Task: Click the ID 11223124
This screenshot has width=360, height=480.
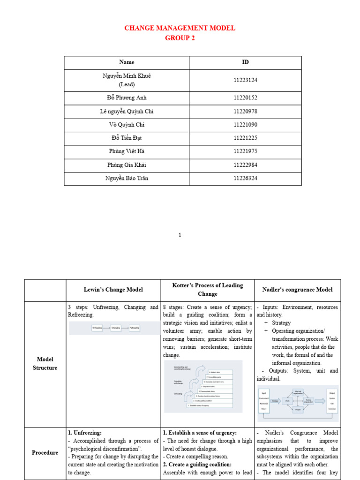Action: point(245,80)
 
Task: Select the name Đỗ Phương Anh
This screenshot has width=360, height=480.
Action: point(127,98)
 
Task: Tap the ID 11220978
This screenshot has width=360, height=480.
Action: point(245,112)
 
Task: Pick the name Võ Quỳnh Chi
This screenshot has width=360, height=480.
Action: point(127,125)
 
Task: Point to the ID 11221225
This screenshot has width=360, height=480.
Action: point(245,138)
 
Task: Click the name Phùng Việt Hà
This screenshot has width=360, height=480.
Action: point(127,151)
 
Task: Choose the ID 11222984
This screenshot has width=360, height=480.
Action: point(245,165)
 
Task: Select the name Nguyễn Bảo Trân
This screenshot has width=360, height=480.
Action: point(127,178)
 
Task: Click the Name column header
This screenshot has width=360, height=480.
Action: point(127,62)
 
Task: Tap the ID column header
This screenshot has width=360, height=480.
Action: point(245,62)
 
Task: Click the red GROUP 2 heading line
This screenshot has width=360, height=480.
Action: point(180,38)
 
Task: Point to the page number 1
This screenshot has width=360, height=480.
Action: point(180,235)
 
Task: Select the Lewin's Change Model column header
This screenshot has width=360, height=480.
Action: point(113,290)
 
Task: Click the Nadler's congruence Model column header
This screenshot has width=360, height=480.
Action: point(298,290)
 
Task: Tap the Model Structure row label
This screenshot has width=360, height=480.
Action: point(45,364)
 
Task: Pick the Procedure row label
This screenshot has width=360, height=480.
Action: point(45,453)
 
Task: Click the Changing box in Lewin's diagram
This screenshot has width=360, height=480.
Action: point(116,328)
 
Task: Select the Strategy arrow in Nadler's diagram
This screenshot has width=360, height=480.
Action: point(275,401)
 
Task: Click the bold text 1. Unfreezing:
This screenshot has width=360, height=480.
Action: point(85,433)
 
